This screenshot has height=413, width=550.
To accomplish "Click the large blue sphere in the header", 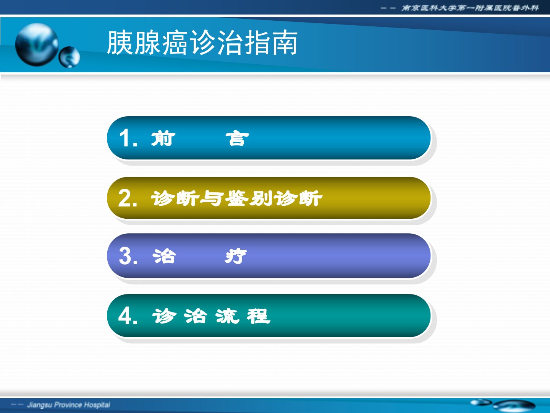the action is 37,45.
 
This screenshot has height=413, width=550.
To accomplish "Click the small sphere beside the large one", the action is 70,57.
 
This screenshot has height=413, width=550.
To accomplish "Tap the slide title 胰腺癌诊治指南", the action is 202,42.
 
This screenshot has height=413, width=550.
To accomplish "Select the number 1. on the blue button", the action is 128,138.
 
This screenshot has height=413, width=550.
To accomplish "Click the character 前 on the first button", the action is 163,138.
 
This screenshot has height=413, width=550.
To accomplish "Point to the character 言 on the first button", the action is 237,138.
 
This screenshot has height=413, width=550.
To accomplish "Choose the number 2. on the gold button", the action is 128,198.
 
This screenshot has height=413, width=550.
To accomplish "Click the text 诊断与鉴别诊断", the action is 236,198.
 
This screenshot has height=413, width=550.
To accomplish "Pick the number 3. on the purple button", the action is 128,256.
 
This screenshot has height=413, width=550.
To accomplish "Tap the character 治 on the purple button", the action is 164,256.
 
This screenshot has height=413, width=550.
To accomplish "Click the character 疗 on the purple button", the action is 236,256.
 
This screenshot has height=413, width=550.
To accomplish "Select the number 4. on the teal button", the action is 128,316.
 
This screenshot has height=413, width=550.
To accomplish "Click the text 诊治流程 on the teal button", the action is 211,316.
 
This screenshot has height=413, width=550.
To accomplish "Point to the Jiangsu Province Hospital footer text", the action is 69,405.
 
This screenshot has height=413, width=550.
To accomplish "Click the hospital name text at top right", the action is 470,8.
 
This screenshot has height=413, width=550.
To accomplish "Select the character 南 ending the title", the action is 285,42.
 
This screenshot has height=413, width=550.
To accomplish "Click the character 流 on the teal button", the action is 227,316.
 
